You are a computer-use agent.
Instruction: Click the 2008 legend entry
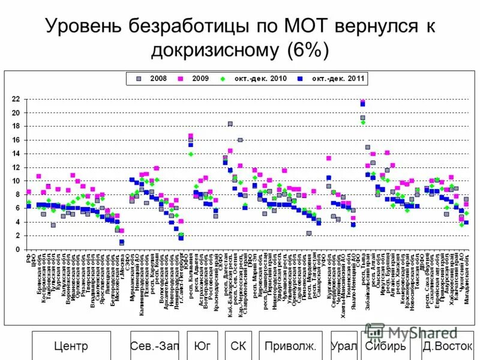tap(154, 79)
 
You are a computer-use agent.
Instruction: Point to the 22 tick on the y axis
tap(16, 99)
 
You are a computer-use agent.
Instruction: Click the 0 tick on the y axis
tap(19, 249)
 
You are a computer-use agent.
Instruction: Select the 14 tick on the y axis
tap(16, 154)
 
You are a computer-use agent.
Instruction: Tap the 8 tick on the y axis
tap(19, 194)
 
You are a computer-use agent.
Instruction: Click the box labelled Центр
tap(70, 346)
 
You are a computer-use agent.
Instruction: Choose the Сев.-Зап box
tap(154, 346)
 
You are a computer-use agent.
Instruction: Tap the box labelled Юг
tap(202, 346)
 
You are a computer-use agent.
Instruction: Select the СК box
tap(237, 346)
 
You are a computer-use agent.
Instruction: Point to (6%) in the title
tap(307, 50)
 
